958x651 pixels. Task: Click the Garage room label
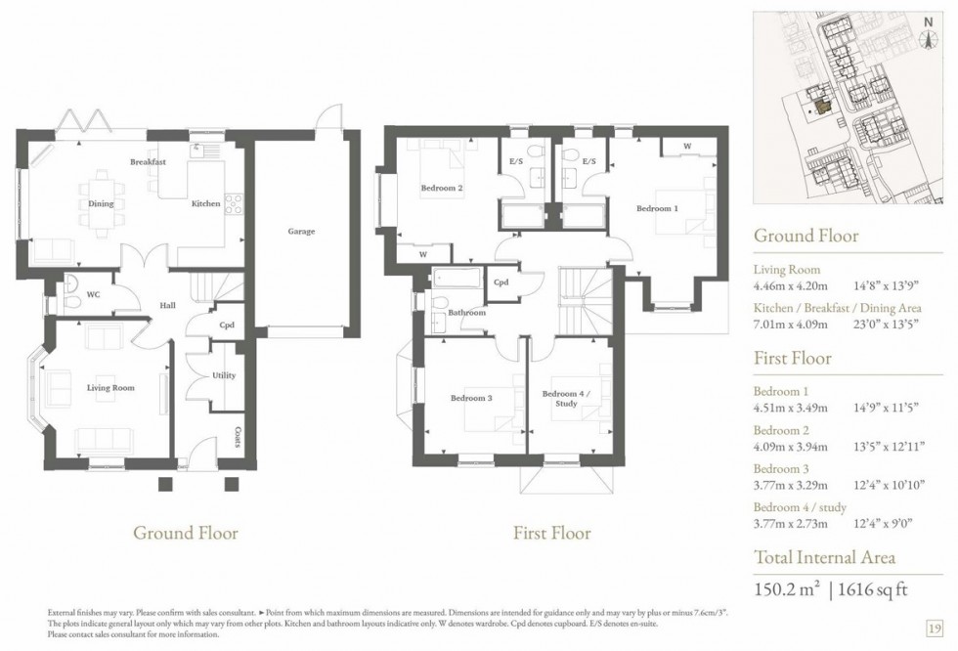(x=301, y=232)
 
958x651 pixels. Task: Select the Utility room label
(x=224, y=375)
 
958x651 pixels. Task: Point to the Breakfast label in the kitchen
(x=148, y=161)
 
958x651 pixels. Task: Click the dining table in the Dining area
(x=101, y=203)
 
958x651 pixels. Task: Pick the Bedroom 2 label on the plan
(x=442, y=188)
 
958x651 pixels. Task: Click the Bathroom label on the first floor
(x=467, y=313)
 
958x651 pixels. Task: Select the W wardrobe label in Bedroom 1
(x=687, y=147)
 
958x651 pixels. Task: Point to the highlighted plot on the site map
(x=823, y=105)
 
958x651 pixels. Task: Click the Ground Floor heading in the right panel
(x=806, y=236)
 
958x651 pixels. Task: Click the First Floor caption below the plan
(x=552, y=533)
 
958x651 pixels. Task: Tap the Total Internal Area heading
(x=824, y=558)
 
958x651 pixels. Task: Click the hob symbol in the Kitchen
(x=234, y=204)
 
